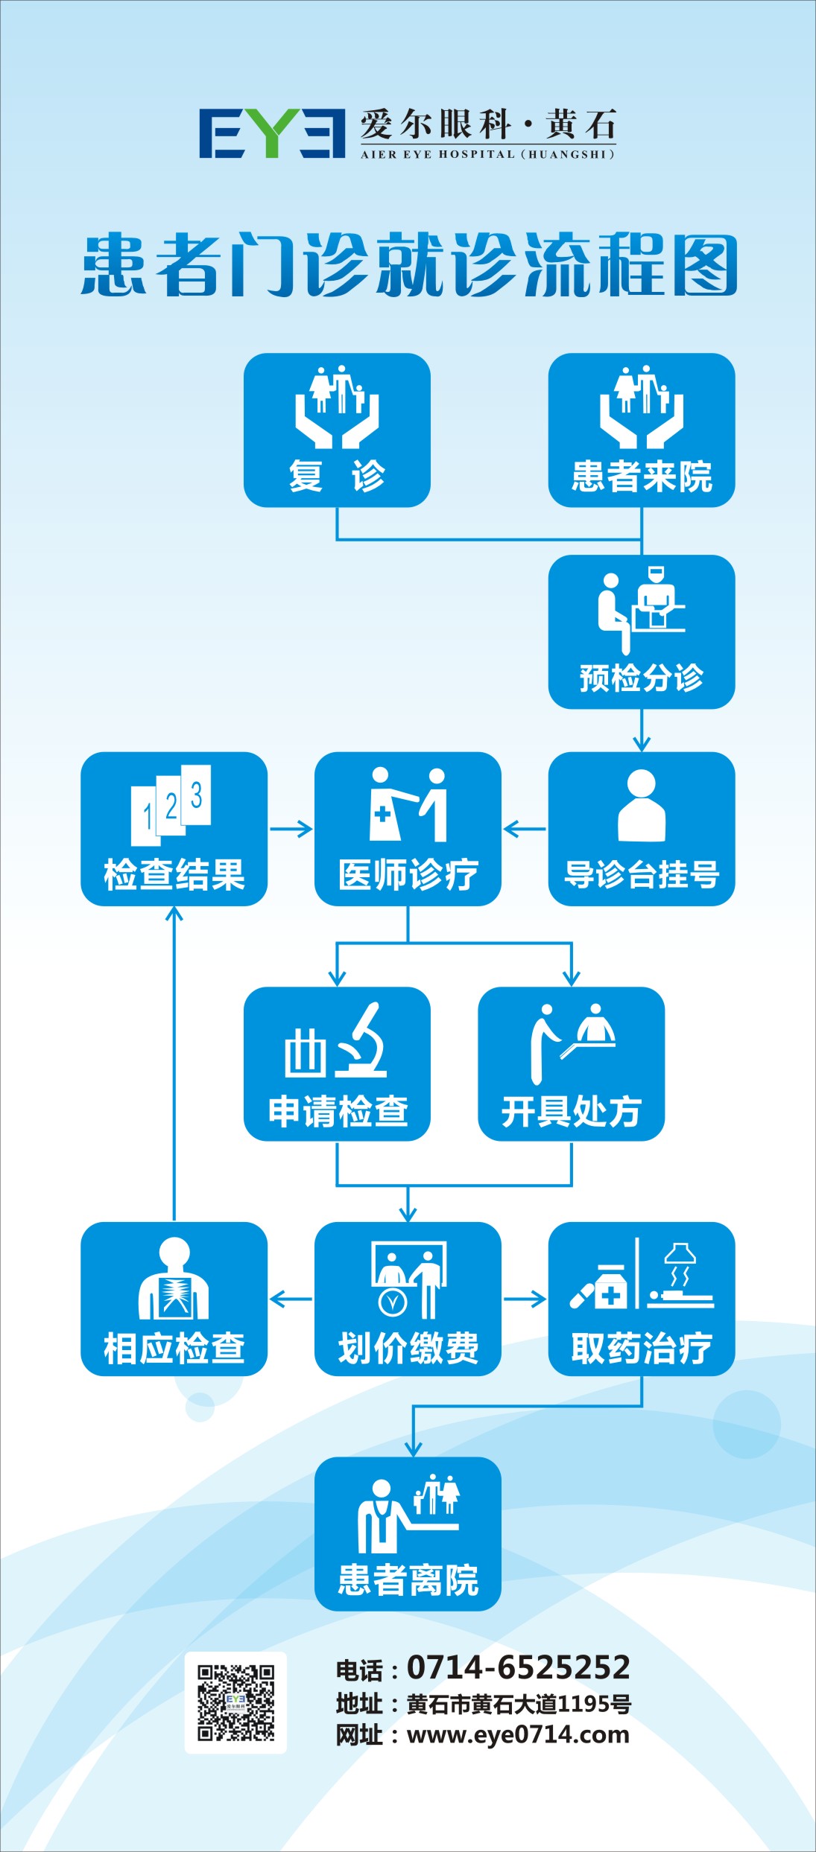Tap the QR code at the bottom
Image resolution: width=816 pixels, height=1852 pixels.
point(235,1702)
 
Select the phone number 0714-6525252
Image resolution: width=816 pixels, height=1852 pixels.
point(519,1667)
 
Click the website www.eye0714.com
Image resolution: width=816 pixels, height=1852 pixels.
point(518,1734)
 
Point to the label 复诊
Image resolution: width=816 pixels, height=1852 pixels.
point(337,476)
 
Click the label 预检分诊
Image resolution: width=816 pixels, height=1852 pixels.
point(642,678)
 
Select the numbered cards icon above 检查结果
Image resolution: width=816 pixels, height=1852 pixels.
point(172,805)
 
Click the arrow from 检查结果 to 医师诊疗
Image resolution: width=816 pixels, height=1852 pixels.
point(291,829)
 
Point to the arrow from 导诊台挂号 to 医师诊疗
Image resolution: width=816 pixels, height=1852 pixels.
point(525,829)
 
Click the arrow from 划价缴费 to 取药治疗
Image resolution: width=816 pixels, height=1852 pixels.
point(525,1299)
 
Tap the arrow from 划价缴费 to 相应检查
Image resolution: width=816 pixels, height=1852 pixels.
point(291,1299)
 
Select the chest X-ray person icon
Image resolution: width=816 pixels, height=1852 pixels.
point(174,1279)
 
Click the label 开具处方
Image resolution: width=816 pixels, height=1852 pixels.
point(571,1112)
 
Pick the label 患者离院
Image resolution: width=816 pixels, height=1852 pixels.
point(408,1579)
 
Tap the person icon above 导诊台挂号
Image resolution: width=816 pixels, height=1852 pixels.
point(642,805)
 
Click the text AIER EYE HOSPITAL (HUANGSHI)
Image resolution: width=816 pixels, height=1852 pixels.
point(487,154)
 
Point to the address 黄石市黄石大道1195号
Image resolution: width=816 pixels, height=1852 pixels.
point(519,1703)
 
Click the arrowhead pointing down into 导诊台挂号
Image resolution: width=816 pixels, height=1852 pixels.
point(642,743)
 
